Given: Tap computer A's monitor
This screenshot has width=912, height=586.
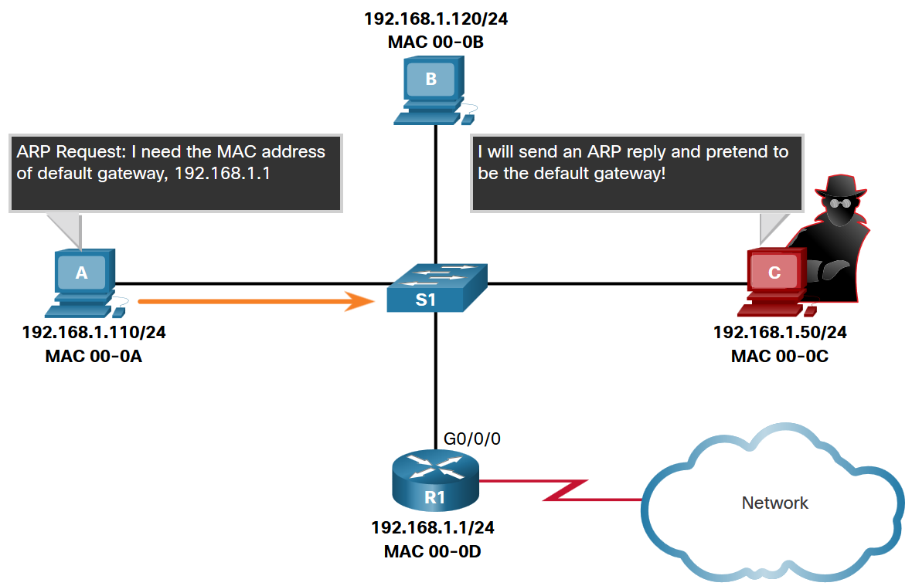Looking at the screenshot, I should (x=81, y=272).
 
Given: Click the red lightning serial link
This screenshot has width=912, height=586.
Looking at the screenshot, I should (x=564, y=490).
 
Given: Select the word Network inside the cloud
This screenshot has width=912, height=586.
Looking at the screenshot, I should (x=774, y=503).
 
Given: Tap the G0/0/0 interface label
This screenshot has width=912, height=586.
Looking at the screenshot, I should (x=472, y=439).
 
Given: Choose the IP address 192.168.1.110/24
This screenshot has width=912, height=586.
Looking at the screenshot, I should (x=94, y=334).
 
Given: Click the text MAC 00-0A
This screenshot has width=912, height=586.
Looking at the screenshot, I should (x=94, y=357).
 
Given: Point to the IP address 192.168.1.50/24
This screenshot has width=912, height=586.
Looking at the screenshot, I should (x=781, y=334).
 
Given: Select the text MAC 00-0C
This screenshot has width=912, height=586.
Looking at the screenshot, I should (x=781, y=357).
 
